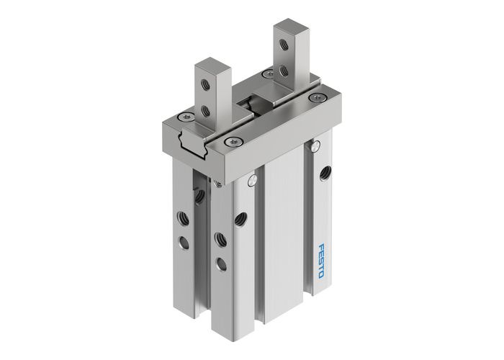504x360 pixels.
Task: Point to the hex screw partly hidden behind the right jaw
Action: [x=268, y=73]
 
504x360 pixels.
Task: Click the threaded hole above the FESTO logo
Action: [x=324, y=173]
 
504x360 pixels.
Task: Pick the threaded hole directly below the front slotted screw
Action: [x=240, y=217]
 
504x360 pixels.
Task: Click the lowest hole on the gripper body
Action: [x=221, y=264]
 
